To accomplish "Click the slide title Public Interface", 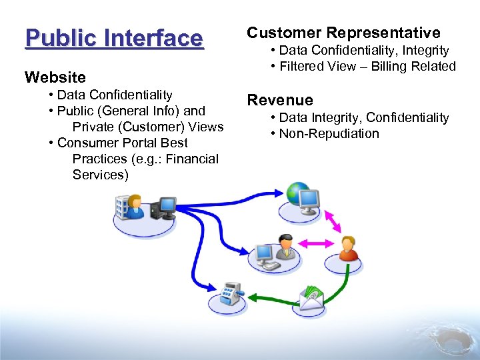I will (x=113, y=38).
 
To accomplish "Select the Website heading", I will (x=55, y=77).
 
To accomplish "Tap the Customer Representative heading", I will (x=343, y=33).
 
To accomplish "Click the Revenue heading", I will (x=279, y=100).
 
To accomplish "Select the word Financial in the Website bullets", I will (x=189, y=159).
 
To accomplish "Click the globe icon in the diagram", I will (x=297, y=192).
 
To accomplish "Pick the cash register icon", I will (x=230, y=293).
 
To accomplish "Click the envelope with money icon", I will (x=311, y=298).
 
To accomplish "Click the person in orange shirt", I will (x=348, y=249).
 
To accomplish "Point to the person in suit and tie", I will (x=285, y=245).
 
